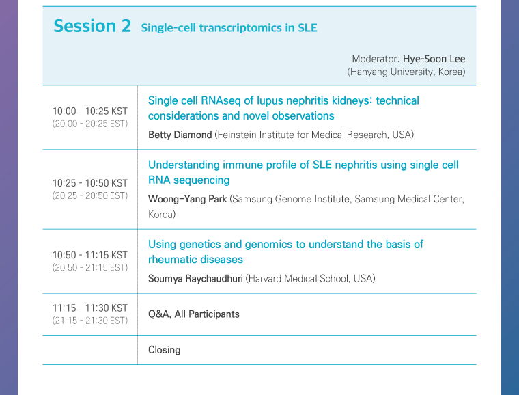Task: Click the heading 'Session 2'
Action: (x=92, y=26)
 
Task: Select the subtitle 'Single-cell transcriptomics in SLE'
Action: (x=229, y=28)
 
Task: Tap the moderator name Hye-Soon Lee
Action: (x=434, y=59)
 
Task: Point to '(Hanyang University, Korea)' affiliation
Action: (x=406, y=72)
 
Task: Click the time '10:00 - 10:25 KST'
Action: (x=90, y=111)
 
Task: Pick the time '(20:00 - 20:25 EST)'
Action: (x=90, y=124)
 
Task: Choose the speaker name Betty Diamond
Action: (x=180, y=135)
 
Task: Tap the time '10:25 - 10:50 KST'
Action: (x=90, y=182)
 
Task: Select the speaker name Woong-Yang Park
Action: (x=187, y=199)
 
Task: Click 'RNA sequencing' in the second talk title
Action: (x=189, y=180)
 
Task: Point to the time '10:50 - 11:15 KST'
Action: (x=90, y=255)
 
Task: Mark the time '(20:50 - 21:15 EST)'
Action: (x=90, y=267)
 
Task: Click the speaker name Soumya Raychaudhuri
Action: (x=195, y=278)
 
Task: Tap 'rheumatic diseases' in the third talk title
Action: (x=195, y=259)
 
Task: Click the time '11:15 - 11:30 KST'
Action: (x=90, y=308)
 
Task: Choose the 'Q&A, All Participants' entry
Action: (x=194, y=314)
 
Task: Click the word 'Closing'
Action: (x=164, y=350)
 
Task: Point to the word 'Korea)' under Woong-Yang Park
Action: (x=162, y=215)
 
